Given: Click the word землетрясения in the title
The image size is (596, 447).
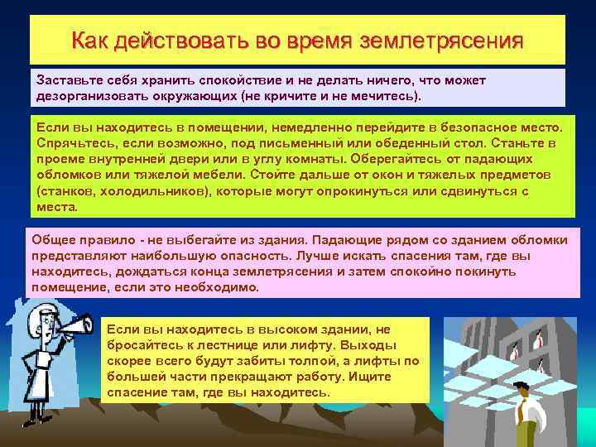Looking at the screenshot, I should click(x=451, y=41).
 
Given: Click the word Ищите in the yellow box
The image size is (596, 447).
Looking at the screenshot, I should click(x=397, y=377).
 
